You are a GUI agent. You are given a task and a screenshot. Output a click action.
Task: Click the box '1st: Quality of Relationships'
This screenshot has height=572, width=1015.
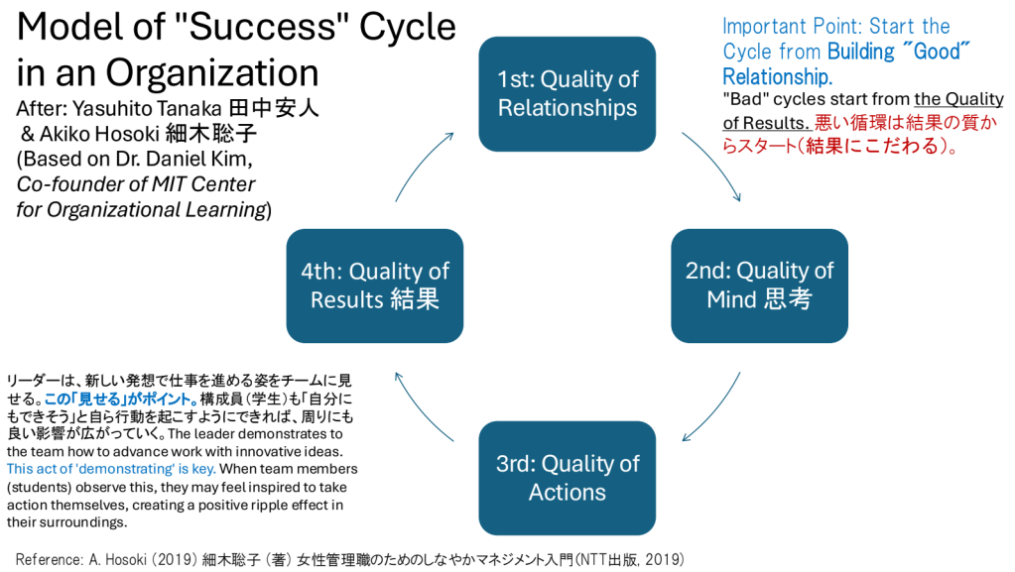pyautogui.click(x=568, y=93)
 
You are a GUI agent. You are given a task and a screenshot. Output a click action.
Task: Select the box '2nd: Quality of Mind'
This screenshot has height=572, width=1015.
pyautogui.click(x=759, y=286)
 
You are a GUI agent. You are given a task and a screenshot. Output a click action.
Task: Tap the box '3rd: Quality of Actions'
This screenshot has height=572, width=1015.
pyautogui.click(x=568, y=478)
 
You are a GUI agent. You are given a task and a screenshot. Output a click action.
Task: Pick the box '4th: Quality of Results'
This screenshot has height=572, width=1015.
pyautogui.click(x=375, y=286)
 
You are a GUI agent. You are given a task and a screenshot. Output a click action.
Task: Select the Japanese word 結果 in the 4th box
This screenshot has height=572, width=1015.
pyautogui.click(x=413, y=298)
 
